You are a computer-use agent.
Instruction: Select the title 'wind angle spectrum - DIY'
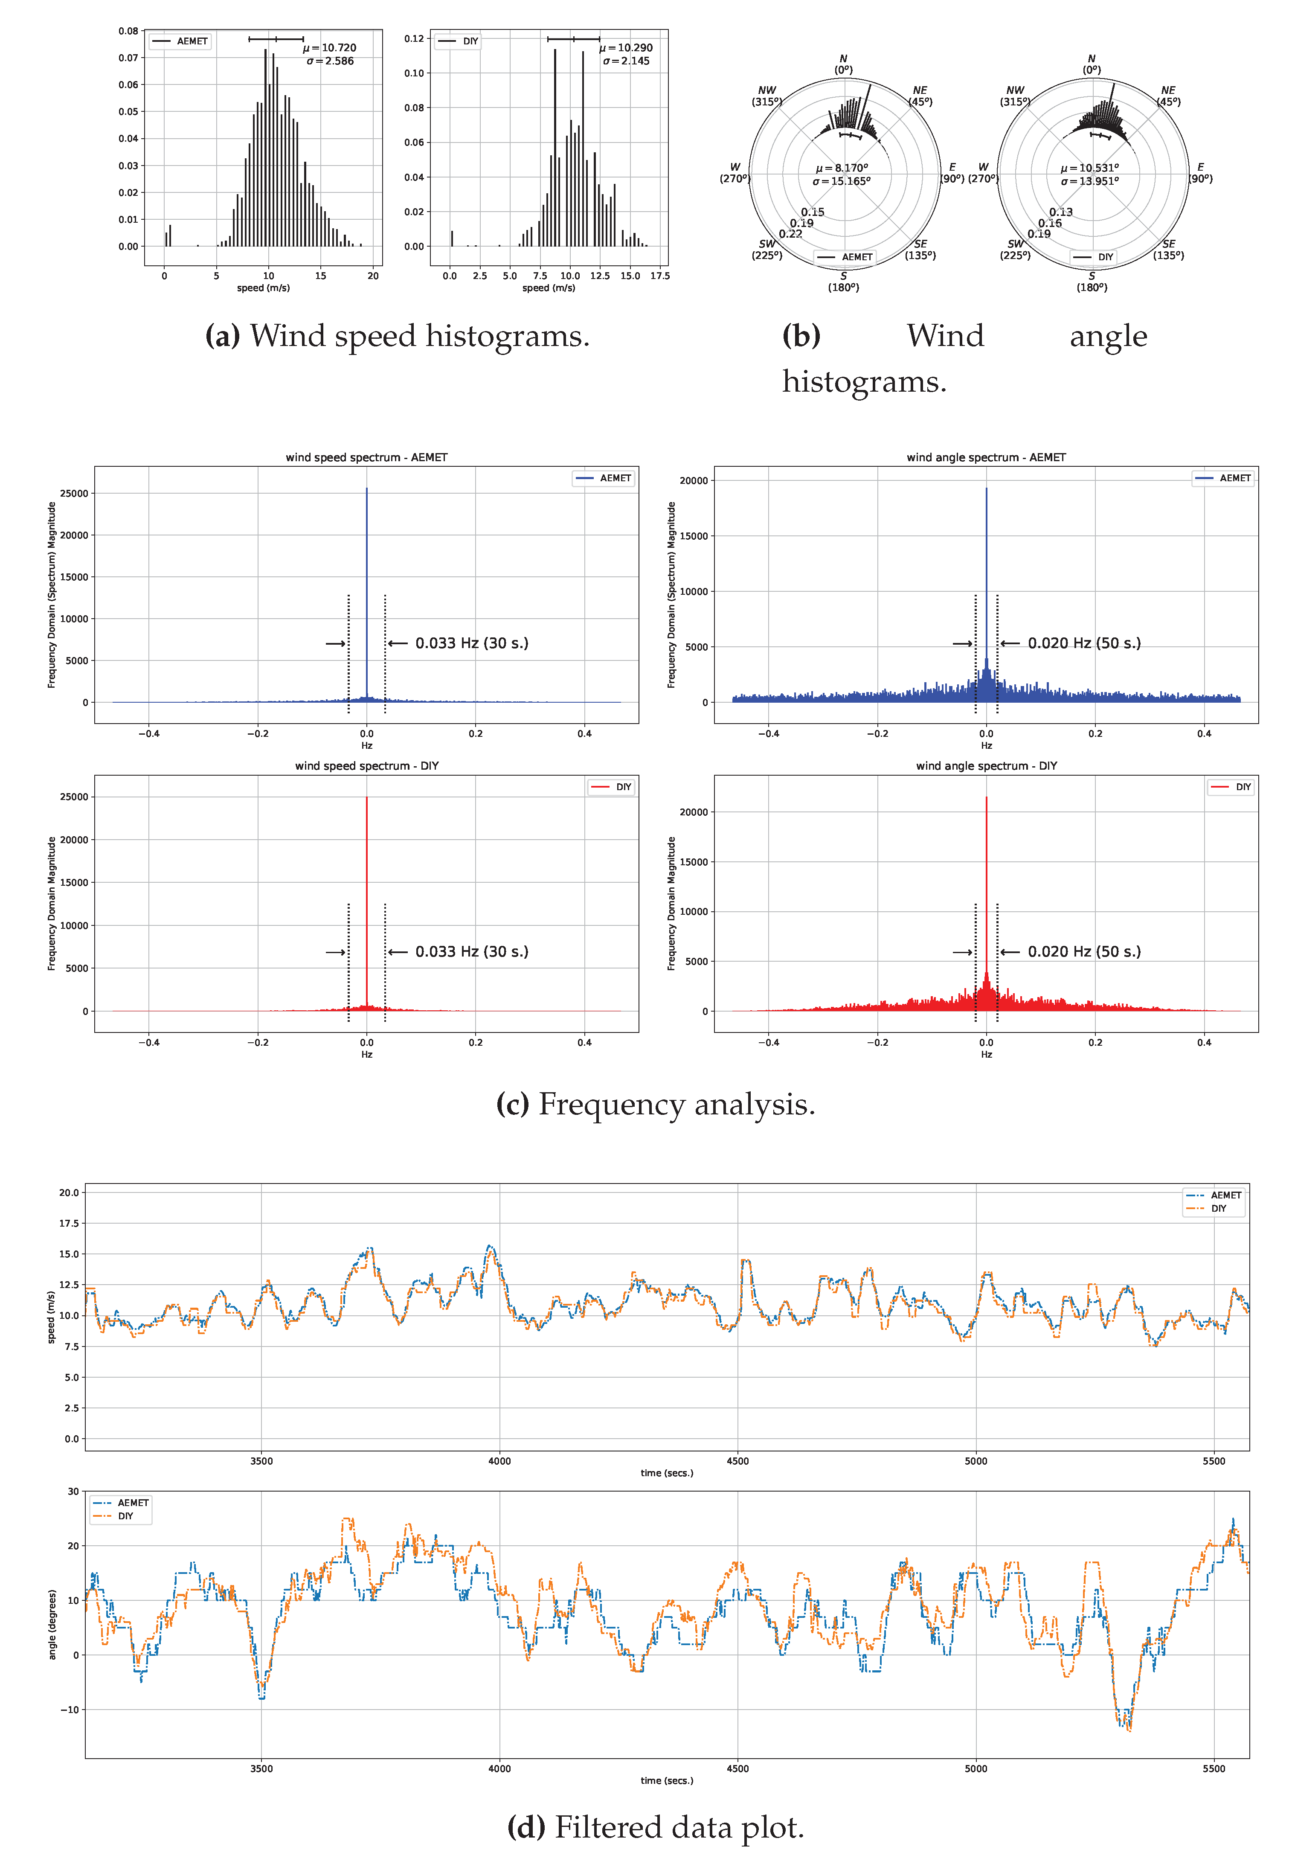point(986,766)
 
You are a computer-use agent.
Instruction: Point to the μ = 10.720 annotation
point(329,48)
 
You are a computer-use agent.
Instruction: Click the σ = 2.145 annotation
point(626,61)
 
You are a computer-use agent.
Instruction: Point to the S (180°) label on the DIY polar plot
point(1092,282)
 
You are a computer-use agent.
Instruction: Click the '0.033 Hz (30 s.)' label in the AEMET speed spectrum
point(471,644)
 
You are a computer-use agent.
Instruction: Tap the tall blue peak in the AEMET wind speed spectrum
point(367,567)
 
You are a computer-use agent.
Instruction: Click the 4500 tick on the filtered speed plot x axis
point(737,1461)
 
